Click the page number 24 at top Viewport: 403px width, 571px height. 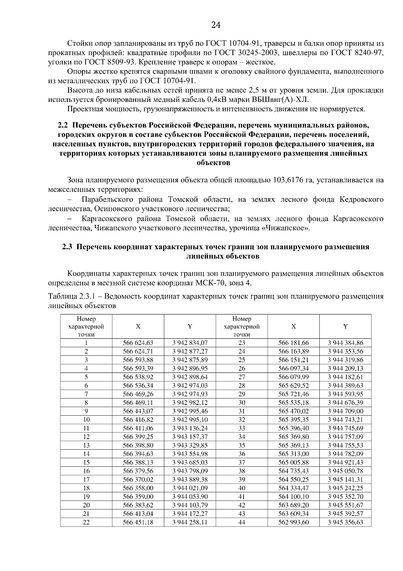tap(216, 25)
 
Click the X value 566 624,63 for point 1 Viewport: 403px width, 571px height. tap(138, 343)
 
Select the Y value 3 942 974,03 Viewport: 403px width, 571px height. tap(190, 385)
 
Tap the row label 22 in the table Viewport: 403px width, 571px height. tap(86, 522)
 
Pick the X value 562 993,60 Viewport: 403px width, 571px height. tap(294, 522)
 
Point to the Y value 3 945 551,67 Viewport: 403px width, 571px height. tap(345, 505)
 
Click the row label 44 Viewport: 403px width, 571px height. tap(242, 522)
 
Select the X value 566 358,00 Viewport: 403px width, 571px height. tap(138, 488)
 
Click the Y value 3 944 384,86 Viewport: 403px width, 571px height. tap(345, 343)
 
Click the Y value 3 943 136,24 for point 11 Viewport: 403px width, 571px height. tap(190, 428)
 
